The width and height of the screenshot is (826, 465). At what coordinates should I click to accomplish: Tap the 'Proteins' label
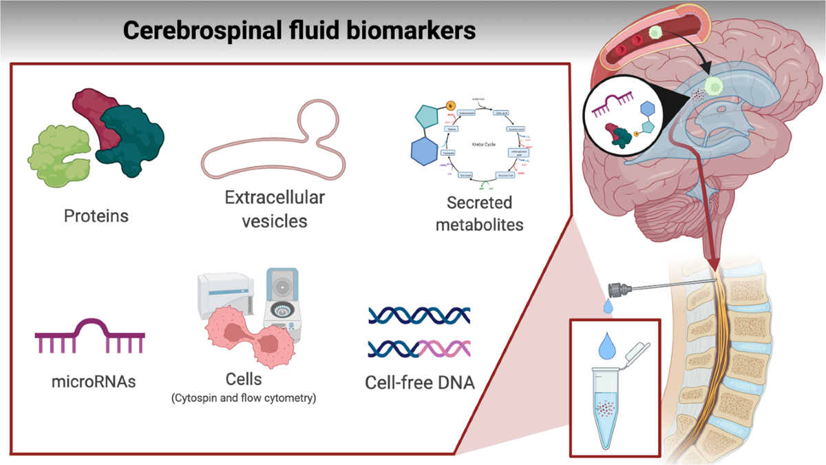point(96,216)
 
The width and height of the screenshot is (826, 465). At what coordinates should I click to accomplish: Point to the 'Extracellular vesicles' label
point(274,209)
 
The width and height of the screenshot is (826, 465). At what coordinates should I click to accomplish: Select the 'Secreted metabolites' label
point(480,214)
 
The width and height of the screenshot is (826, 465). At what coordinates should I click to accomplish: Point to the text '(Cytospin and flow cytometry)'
point(244,397)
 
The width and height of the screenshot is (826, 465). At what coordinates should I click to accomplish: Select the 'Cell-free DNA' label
point(420,381)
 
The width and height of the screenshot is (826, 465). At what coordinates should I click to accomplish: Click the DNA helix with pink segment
point(420,348)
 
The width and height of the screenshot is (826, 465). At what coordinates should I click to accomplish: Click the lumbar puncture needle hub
point(621,290)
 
